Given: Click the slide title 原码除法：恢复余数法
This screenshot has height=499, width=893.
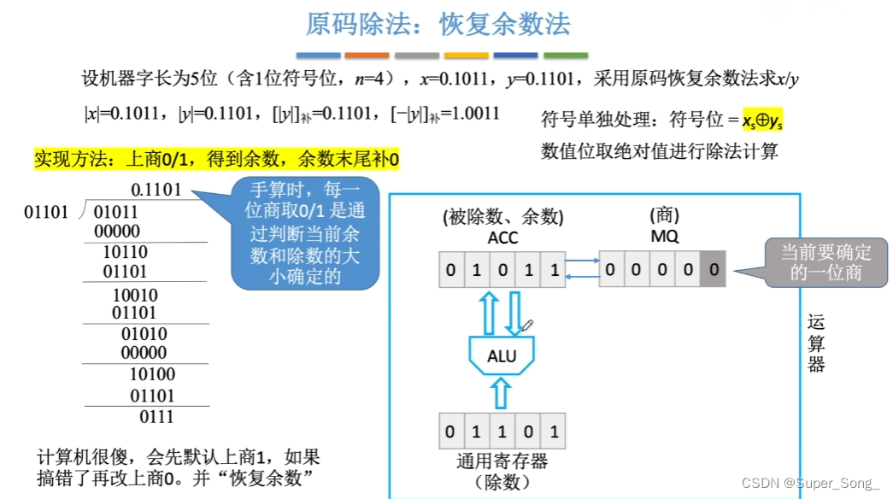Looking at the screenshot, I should click(x=438, y=24).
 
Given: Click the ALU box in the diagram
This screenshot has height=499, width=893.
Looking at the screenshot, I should click(x=502, y=355).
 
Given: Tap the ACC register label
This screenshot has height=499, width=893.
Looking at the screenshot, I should click(x=502, y=238).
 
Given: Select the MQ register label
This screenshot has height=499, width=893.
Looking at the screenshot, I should click(x=664, y=237).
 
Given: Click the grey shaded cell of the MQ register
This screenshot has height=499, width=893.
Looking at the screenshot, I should click(x=714, y=273).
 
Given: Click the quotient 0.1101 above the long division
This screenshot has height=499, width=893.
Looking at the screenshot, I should click(x=156, y=190).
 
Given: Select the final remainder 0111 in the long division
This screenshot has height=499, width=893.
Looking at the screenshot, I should click(x=156, y=417).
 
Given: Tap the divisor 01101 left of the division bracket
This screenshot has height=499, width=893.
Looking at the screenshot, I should click(x=45, y=211).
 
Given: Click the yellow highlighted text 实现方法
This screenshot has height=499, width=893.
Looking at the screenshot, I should click(x=217, y=159).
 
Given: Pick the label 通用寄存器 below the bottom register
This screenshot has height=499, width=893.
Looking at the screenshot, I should click(x=502, y=462).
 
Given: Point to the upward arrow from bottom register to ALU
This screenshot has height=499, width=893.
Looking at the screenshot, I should click(x=502, y=394).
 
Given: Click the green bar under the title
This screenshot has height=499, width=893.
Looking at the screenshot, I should click(x=565, y=56).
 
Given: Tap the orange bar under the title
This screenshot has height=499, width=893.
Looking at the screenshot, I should click(x=367, y=56).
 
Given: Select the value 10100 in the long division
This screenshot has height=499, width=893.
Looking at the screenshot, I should click(x=152, y=374).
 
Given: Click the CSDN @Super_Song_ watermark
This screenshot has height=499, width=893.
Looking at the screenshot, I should click(x=810, y=484).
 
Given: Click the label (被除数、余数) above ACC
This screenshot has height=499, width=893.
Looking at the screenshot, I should click(x=503, y=218).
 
